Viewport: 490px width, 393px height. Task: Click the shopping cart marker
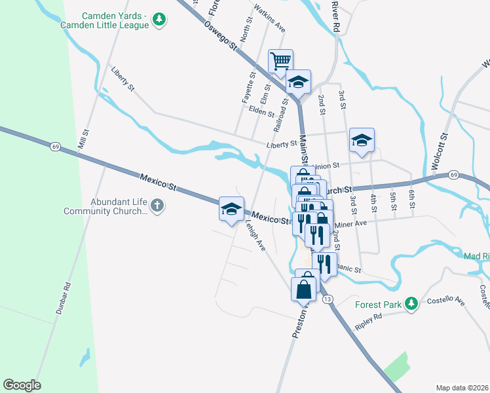pyautogui.click(x=280, y=61)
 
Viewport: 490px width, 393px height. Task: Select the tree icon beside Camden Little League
pyautogui.click(x=159, y=20)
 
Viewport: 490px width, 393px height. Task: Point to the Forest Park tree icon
pyautogui.click(x=411, y=303)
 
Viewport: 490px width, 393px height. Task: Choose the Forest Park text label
pyautogui.click(x=378, y=305)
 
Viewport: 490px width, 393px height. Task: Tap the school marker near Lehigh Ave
pyautogui.click(x=231, y=209)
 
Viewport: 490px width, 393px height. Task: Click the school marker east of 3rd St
pyautogui.click(x=361, y=140)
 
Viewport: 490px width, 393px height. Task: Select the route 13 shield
pyautogui.click(x=328, y=299)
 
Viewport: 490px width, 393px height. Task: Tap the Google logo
pyautogui.click(x=22, y=385)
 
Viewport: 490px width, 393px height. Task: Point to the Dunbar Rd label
pyautogui.click(x=64, y=295)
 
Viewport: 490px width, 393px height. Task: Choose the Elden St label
pyautogui.click(x=261, y=113)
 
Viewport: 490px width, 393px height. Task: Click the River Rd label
pyautogui.click(x=336, y=16)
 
